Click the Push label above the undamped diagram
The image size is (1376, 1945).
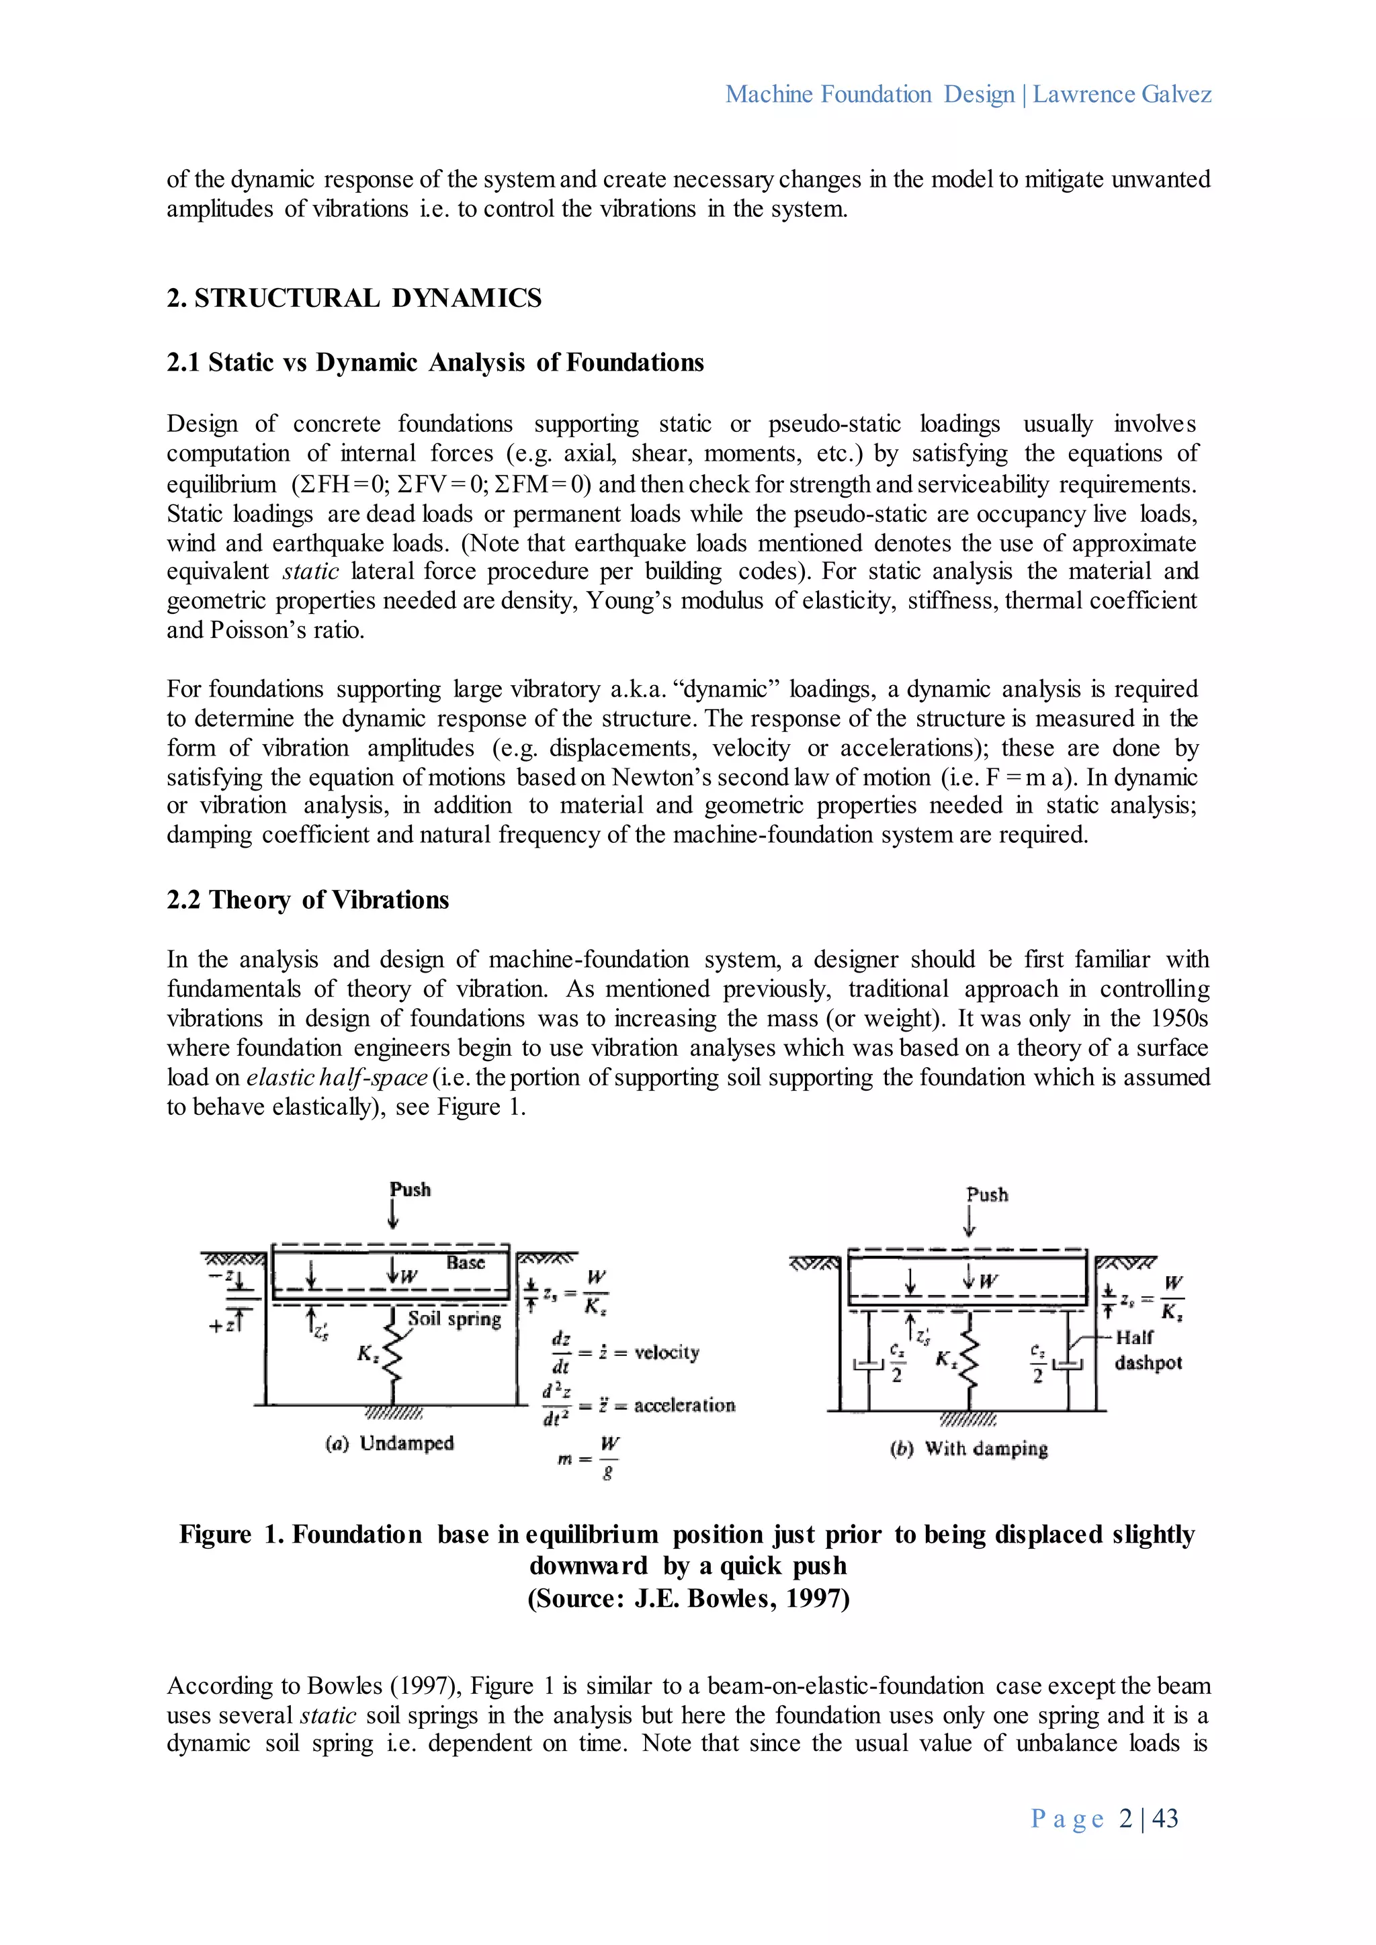410,1189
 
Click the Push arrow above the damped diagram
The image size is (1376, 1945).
970,1222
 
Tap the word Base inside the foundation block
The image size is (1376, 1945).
465,1262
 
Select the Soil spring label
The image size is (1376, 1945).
454,1318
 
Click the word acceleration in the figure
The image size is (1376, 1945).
684,1406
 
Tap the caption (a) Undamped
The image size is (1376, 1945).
390,1443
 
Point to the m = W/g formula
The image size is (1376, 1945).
588,1457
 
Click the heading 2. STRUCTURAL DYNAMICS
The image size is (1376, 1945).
354,298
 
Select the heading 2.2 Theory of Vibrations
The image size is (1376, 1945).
308,900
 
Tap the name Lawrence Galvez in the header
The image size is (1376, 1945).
1122,94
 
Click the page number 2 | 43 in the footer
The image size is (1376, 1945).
1148,1818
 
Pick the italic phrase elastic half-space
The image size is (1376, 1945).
337,1077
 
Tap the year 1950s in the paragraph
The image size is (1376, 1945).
1178,1018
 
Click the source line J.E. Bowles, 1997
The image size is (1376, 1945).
688,1598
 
